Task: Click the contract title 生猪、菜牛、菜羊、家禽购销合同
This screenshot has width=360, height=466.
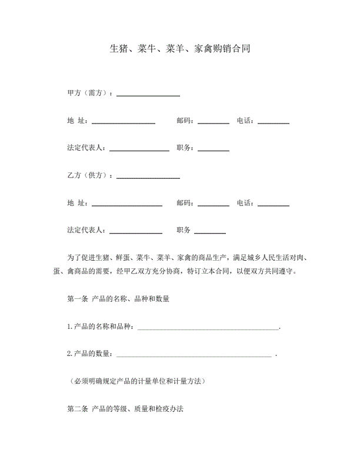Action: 180,49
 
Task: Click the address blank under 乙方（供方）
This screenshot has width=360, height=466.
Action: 127,205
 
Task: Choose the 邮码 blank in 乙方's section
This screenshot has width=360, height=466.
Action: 214,205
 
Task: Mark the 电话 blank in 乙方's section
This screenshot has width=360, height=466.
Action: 274,205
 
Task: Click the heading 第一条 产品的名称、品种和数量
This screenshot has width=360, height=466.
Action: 118,299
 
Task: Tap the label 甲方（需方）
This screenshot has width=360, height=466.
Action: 89,94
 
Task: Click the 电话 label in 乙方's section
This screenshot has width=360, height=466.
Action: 245,204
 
